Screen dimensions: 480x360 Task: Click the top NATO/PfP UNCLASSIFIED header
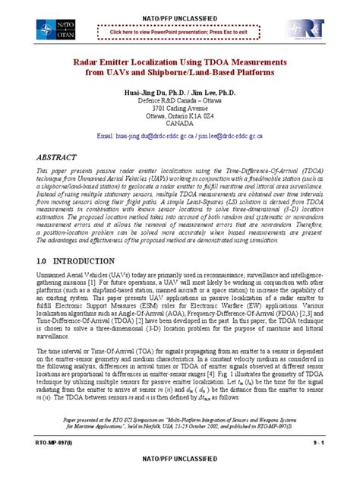(x=180, y=6)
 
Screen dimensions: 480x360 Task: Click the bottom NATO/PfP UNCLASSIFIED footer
(x=180, y=473)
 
